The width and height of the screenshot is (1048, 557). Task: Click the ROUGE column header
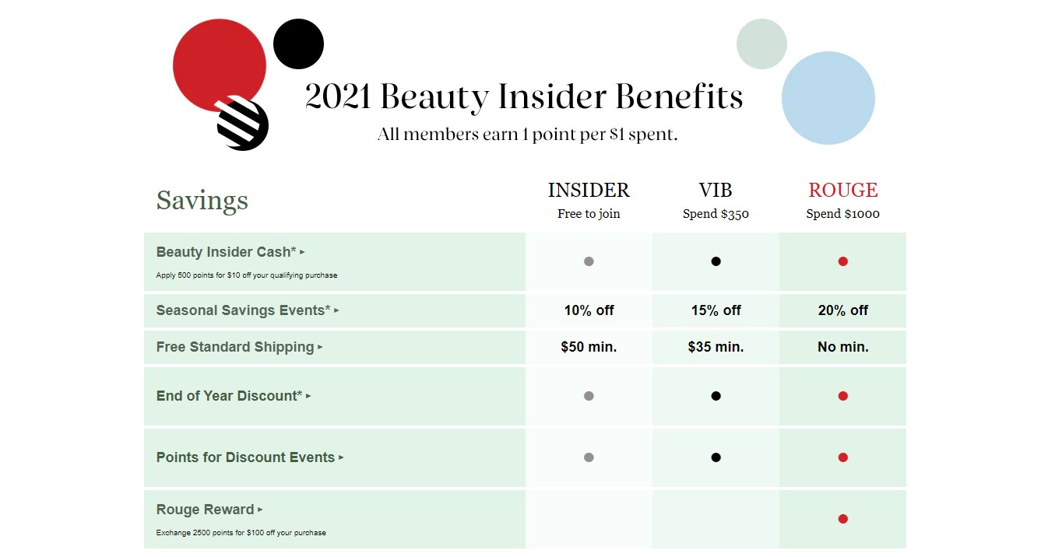[842, 191]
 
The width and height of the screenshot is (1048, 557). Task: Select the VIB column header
[716, 191]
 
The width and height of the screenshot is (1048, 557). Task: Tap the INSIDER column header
[589, 191]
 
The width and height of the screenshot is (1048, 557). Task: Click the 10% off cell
[589, 310]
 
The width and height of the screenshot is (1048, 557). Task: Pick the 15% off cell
[716, 310]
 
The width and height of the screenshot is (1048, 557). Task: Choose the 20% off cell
[842, 310]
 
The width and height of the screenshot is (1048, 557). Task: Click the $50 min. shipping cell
[589, 347]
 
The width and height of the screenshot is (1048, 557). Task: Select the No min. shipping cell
[842, 347]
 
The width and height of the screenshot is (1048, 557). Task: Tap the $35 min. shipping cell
[716, 347]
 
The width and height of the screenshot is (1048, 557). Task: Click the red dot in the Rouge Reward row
[842, 519]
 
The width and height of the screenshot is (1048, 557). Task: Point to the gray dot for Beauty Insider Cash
[589, 261]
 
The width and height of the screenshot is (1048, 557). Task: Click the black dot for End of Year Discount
[716, 396]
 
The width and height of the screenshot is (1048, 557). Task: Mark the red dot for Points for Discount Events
[842, 457]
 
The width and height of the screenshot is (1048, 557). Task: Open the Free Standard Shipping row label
[235, 347]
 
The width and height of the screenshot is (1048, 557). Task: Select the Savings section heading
[202, 201]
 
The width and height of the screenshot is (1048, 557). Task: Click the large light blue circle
[828, 98]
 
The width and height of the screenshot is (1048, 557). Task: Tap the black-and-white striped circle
[243, 124]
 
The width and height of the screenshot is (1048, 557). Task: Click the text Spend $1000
[842, 214]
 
